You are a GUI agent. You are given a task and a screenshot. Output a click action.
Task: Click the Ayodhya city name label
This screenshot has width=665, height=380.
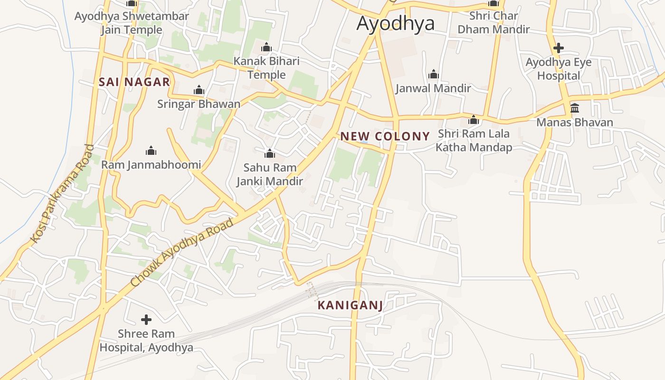[x=395, y=23]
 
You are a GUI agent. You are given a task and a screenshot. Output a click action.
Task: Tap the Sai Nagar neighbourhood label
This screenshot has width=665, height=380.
[x=134, y=82]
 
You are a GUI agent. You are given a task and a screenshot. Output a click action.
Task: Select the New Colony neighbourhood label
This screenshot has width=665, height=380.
[x=385, y=136]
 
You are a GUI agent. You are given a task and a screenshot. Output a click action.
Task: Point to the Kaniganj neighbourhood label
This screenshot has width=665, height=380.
[x=350, y=305]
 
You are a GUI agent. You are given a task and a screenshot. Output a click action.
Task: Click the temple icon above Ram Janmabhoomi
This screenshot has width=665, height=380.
[x=151, y=151]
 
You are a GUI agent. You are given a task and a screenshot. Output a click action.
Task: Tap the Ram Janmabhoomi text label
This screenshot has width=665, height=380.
[x=151, y=165]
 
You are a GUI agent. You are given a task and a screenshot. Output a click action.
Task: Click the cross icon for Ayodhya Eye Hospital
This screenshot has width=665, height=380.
[x=559, y=48]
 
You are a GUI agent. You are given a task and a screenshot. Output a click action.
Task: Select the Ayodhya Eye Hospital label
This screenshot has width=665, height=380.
[x=559, y=69]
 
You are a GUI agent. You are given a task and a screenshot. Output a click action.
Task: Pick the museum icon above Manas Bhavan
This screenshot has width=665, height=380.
[x=575, y=108]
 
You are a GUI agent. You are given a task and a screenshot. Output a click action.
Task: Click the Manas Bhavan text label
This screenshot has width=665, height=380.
[x=575, y=122]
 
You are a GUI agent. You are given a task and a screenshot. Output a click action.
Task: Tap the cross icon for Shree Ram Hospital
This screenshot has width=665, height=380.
[x=146, y=320]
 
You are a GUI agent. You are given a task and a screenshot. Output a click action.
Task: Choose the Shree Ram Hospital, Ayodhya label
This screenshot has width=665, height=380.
[x=146, y=341]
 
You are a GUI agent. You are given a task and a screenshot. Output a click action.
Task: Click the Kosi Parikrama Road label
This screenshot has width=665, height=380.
[x=62, y=194]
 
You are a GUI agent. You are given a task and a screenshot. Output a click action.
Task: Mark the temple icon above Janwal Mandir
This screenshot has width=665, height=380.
[x=433, y=75]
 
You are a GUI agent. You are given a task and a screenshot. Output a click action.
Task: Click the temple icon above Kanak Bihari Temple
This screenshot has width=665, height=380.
[x=266, y=47]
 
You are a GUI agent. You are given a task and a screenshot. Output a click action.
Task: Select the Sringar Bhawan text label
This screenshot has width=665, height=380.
[x=199, y=104]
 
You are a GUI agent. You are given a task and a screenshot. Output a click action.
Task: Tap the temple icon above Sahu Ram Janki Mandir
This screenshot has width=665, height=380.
[x=270, y=153]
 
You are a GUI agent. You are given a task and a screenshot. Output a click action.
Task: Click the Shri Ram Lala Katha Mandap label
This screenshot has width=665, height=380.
[x=474, y=140]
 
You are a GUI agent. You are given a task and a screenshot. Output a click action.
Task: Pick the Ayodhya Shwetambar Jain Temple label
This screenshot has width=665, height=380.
[x=132, y=23]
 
